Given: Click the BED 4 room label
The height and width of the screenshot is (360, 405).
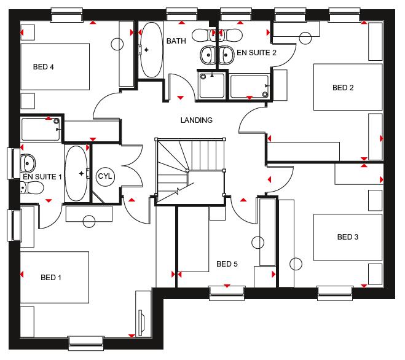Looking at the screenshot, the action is coord(44,67).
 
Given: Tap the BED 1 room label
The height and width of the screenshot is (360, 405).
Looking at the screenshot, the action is coord(51,278).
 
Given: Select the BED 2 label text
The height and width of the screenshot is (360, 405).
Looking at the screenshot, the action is coord(343,88).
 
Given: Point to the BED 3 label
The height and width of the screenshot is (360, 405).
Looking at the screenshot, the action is coord(348,237).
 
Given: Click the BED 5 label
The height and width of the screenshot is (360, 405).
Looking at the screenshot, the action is coord(227,264).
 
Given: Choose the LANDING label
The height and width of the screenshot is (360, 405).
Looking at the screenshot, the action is coord(196,120).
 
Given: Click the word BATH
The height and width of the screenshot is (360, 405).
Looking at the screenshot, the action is coord(176,41).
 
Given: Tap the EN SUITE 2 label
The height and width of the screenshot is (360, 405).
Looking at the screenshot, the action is coord(256,53).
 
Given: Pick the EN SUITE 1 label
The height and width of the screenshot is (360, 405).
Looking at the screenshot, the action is coord(42,177).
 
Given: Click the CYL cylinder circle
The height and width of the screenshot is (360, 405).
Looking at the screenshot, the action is coord(105,176).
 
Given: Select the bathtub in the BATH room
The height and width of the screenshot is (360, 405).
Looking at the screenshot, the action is coord(151,50).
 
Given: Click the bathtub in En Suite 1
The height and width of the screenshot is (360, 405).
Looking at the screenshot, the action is coord(76,173).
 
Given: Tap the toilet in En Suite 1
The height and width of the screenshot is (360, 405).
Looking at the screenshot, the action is coord(32,188).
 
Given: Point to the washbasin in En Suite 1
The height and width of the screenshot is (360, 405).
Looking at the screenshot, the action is coord(27,163).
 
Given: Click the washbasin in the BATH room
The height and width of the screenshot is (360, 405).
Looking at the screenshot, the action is coord(208,55).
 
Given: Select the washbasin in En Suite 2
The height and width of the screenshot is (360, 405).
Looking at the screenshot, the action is coord(227,55).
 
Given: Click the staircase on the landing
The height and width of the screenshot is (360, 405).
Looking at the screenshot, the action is coord(190,171).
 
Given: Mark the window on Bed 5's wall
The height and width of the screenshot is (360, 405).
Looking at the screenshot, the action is coord(227,293).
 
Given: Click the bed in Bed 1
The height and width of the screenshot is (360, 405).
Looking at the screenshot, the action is coord(55,277).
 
